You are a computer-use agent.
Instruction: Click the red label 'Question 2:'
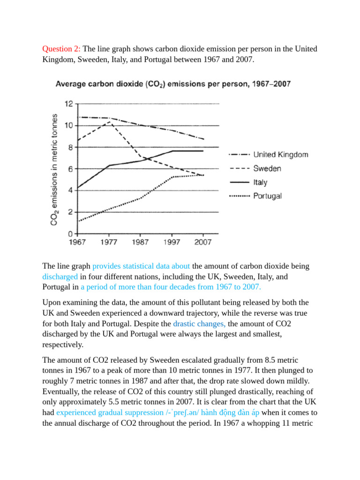click(x=61, y=49)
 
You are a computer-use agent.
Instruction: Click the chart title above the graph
click(x=173, y=84)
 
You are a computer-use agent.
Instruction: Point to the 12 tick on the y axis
click(x=68, y=104)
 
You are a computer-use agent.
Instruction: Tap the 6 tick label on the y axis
click(x=71, y=169)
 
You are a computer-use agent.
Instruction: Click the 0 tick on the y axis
click(x=71, y=233)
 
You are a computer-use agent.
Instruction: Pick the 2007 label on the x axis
click(x=203, y=242)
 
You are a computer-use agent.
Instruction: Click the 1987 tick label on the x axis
click(x=140, y=242)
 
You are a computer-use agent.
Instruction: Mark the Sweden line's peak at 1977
click(x=109, y=121)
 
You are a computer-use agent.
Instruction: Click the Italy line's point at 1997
click(x=172, y=151)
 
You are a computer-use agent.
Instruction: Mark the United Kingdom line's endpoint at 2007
click(x=203, y=139)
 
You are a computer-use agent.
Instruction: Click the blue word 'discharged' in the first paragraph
click(x=60, y=276)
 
